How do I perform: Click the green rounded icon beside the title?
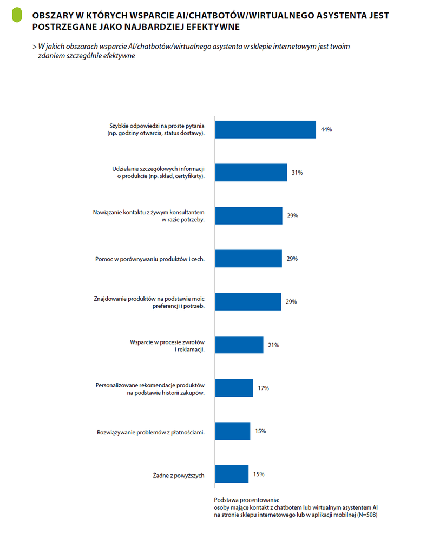click(x=17, y=15)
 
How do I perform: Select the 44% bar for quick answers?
click(x=265, y=129)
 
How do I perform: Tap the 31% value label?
click(x=297, y=173)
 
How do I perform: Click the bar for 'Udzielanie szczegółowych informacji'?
click(x=251, y=173)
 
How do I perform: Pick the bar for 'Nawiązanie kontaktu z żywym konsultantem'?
click(x=248, y=215)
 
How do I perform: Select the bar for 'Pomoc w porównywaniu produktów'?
click(x=248, y=259)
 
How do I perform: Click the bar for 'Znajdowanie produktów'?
click(x=248, y=301)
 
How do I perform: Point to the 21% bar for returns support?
click(x=239, y=345)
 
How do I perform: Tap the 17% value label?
click(x=263, y=388)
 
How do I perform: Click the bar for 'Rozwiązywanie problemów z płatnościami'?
click(x=233, y=431)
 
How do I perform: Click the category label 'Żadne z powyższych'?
click(x=178, y=475)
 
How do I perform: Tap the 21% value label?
click(x=273, y=345)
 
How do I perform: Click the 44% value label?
click(x=326, y=129)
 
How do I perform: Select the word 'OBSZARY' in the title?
click(x=53, y=15)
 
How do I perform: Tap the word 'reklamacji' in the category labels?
click(x=190, y=350)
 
